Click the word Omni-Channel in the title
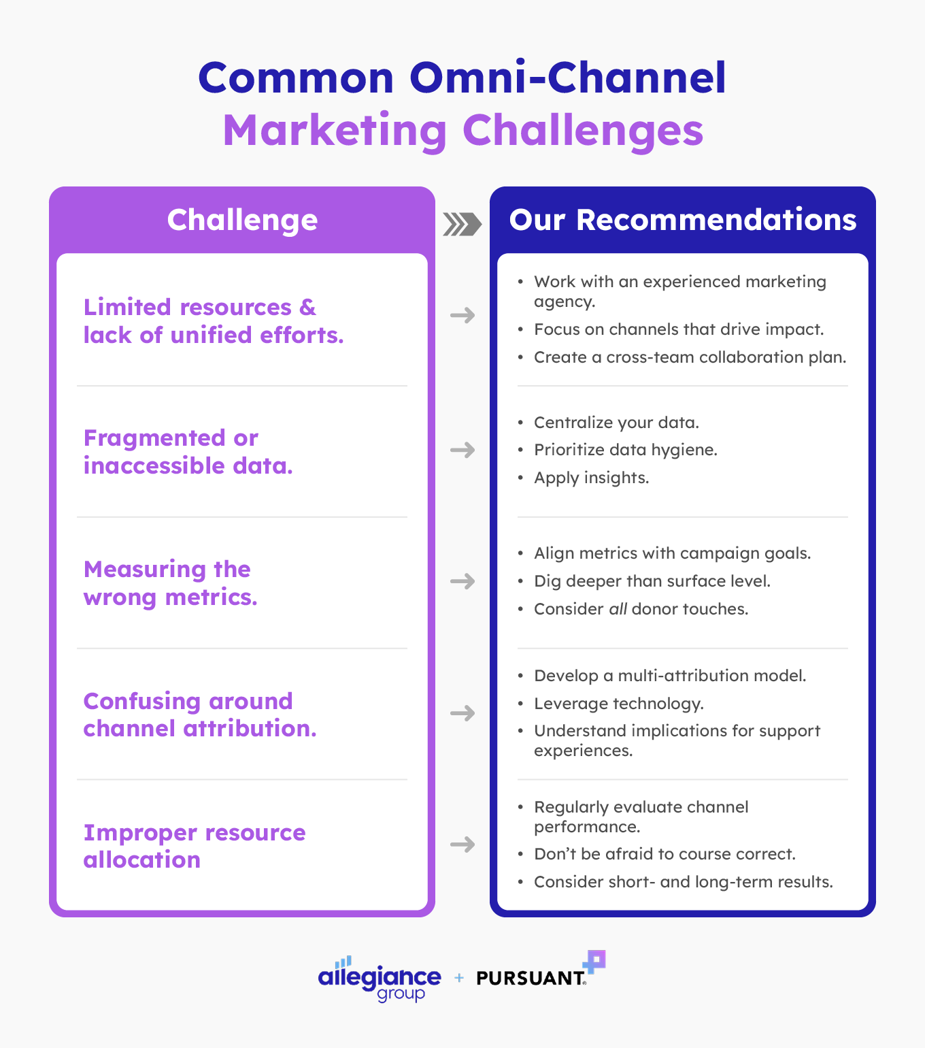pyautogui.click(x=568, y=78)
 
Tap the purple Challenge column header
pyautogui.click(x=242, y=220)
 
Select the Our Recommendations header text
pyautogui.click(x=682, y=220)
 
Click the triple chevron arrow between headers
pyautogui.click(x=462, y=224)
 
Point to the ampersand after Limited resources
pyautogui.click(x=307, y=308)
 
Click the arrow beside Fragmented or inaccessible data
pyautogui.click(x=462, y=450)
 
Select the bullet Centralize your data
pyautogui.click(x=616, y=423)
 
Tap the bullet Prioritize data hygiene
pyautogui.click(x=625, y=450)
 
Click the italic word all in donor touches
pyautogui.click(x=618, y=609)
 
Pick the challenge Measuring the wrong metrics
pyautogui.click(x=170, y=583)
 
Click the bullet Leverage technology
pyautogui.click(x=618, y=704)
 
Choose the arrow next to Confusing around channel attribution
pyautogui.click(x=462, y=713)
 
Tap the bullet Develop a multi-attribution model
pyautogui.click(x=669, y=676)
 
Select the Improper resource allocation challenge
pyautogui.click(x=194, y=846)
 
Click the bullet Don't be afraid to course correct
pyautogui.click(x=664, y=854)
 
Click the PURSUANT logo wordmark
pyautogui.click(x=531, y=978)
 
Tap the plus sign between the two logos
pyautogui.click(x=459, y=978)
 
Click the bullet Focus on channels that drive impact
pyautogui.click(x=678, y=329)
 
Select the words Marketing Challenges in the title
pyautogui.click(x=462, y=131)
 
